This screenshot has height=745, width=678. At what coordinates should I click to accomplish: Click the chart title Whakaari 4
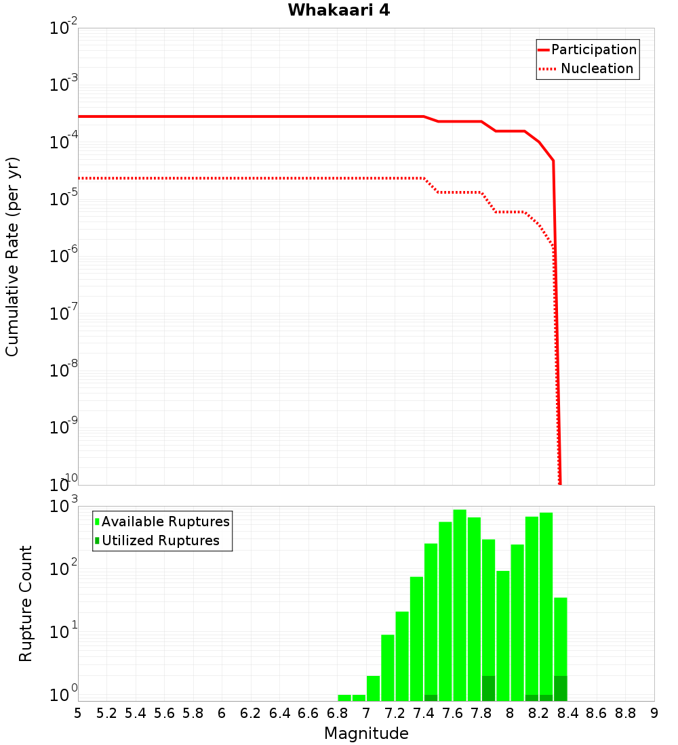[x=338, y=11]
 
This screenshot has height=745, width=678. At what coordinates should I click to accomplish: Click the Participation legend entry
[x=593, y=49]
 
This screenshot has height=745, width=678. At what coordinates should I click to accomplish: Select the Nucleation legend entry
[x=596, y=68]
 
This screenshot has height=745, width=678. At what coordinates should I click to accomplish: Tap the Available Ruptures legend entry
[x=165, y=521]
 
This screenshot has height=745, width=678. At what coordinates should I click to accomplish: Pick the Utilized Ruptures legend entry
[x=160, y=540]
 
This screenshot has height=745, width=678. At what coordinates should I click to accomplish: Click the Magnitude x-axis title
[x=366, y=733]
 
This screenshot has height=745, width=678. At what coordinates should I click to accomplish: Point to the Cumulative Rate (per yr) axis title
[x=12, y=256]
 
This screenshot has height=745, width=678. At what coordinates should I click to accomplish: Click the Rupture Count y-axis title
[x=26, y=603]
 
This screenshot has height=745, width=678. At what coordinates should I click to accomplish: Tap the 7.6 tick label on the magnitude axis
[x=452, y=713]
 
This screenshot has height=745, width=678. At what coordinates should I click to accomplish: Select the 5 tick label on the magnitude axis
[x=78, y=713]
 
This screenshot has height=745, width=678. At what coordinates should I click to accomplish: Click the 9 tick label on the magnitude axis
[x=654, y=713]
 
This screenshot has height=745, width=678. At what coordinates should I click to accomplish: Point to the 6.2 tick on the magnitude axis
[x=251, y=713]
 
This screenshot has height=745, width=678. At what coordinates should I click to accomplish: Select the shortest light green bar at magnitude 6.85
[x=344, y=698]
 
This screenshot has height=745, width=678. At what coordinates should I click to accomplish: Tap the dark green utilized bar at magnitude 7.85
[x=488, y=688]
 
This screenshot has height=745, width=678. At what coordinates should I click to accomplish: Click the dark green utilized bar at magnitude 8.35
[x=560, y=688]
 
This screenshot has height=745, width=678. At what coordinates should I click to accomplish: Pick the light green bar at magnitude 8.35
[x=560, y=637]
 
